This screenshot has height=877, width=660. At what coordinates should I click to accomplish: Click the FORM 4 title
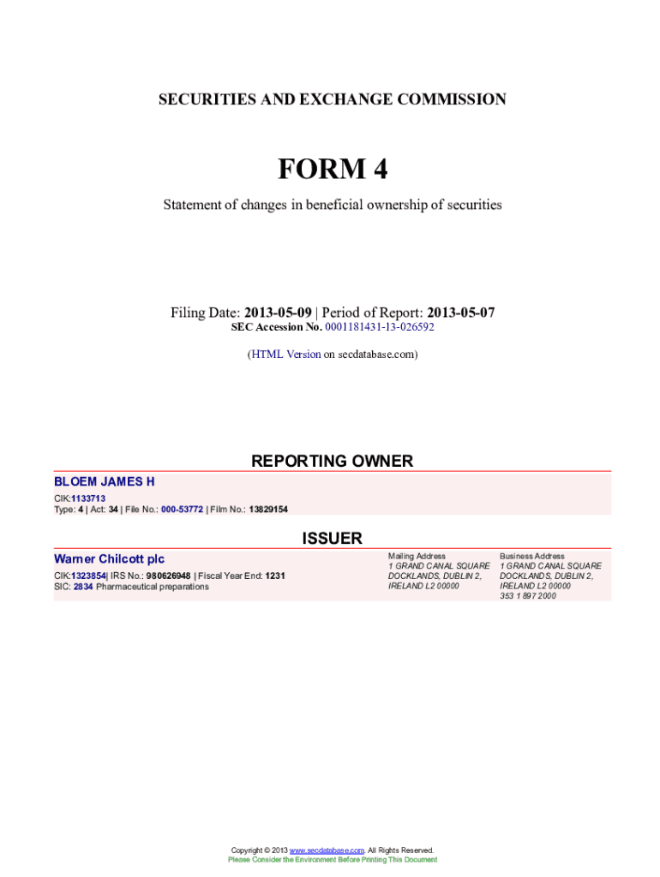(x=332, y=170)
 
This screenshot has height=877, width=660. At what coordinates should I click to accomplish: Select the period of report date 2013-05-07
(x=460, y=313)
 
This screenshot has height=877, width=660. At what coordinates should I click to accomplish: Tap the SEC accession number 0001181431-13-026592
(x=379, y=327)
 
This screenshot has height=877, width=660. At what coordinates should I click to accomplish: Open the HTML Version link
(x=285, y=354)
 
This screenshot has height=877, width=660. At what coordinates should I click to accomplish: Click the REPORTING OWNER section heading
(x=332, y=462)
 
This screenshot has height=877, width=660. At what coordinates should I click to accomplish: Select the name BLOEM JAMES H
(x=105, y=482)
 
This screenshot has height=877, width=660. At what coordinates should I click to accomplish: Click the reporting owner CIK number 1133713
(x=88, y=498)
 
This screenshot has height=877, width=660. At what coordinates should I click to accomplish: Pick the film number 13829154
(x=268, y=510)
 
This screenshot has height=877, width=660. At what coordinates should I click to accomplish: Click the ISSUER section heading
(x=332, y=539)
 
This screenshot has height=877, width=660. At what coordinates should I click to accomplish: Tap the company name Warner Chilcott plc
(x=109, y=559)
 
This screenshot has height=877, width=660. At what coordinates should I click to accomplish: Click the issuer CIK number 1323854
(x=88, y=576)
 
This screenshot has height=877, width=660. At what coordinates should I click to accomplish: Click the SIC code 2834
(x=83, y=587)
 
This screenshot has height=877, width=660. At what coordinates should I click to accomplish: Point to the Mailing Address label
(x=417, y=556)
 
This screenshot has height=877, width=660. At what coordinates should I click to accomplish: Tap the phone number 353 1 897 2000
(x=527, y=596)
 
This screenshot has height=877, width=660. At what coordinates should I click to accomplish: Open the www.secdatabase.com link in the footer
(x=327, y=850)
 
